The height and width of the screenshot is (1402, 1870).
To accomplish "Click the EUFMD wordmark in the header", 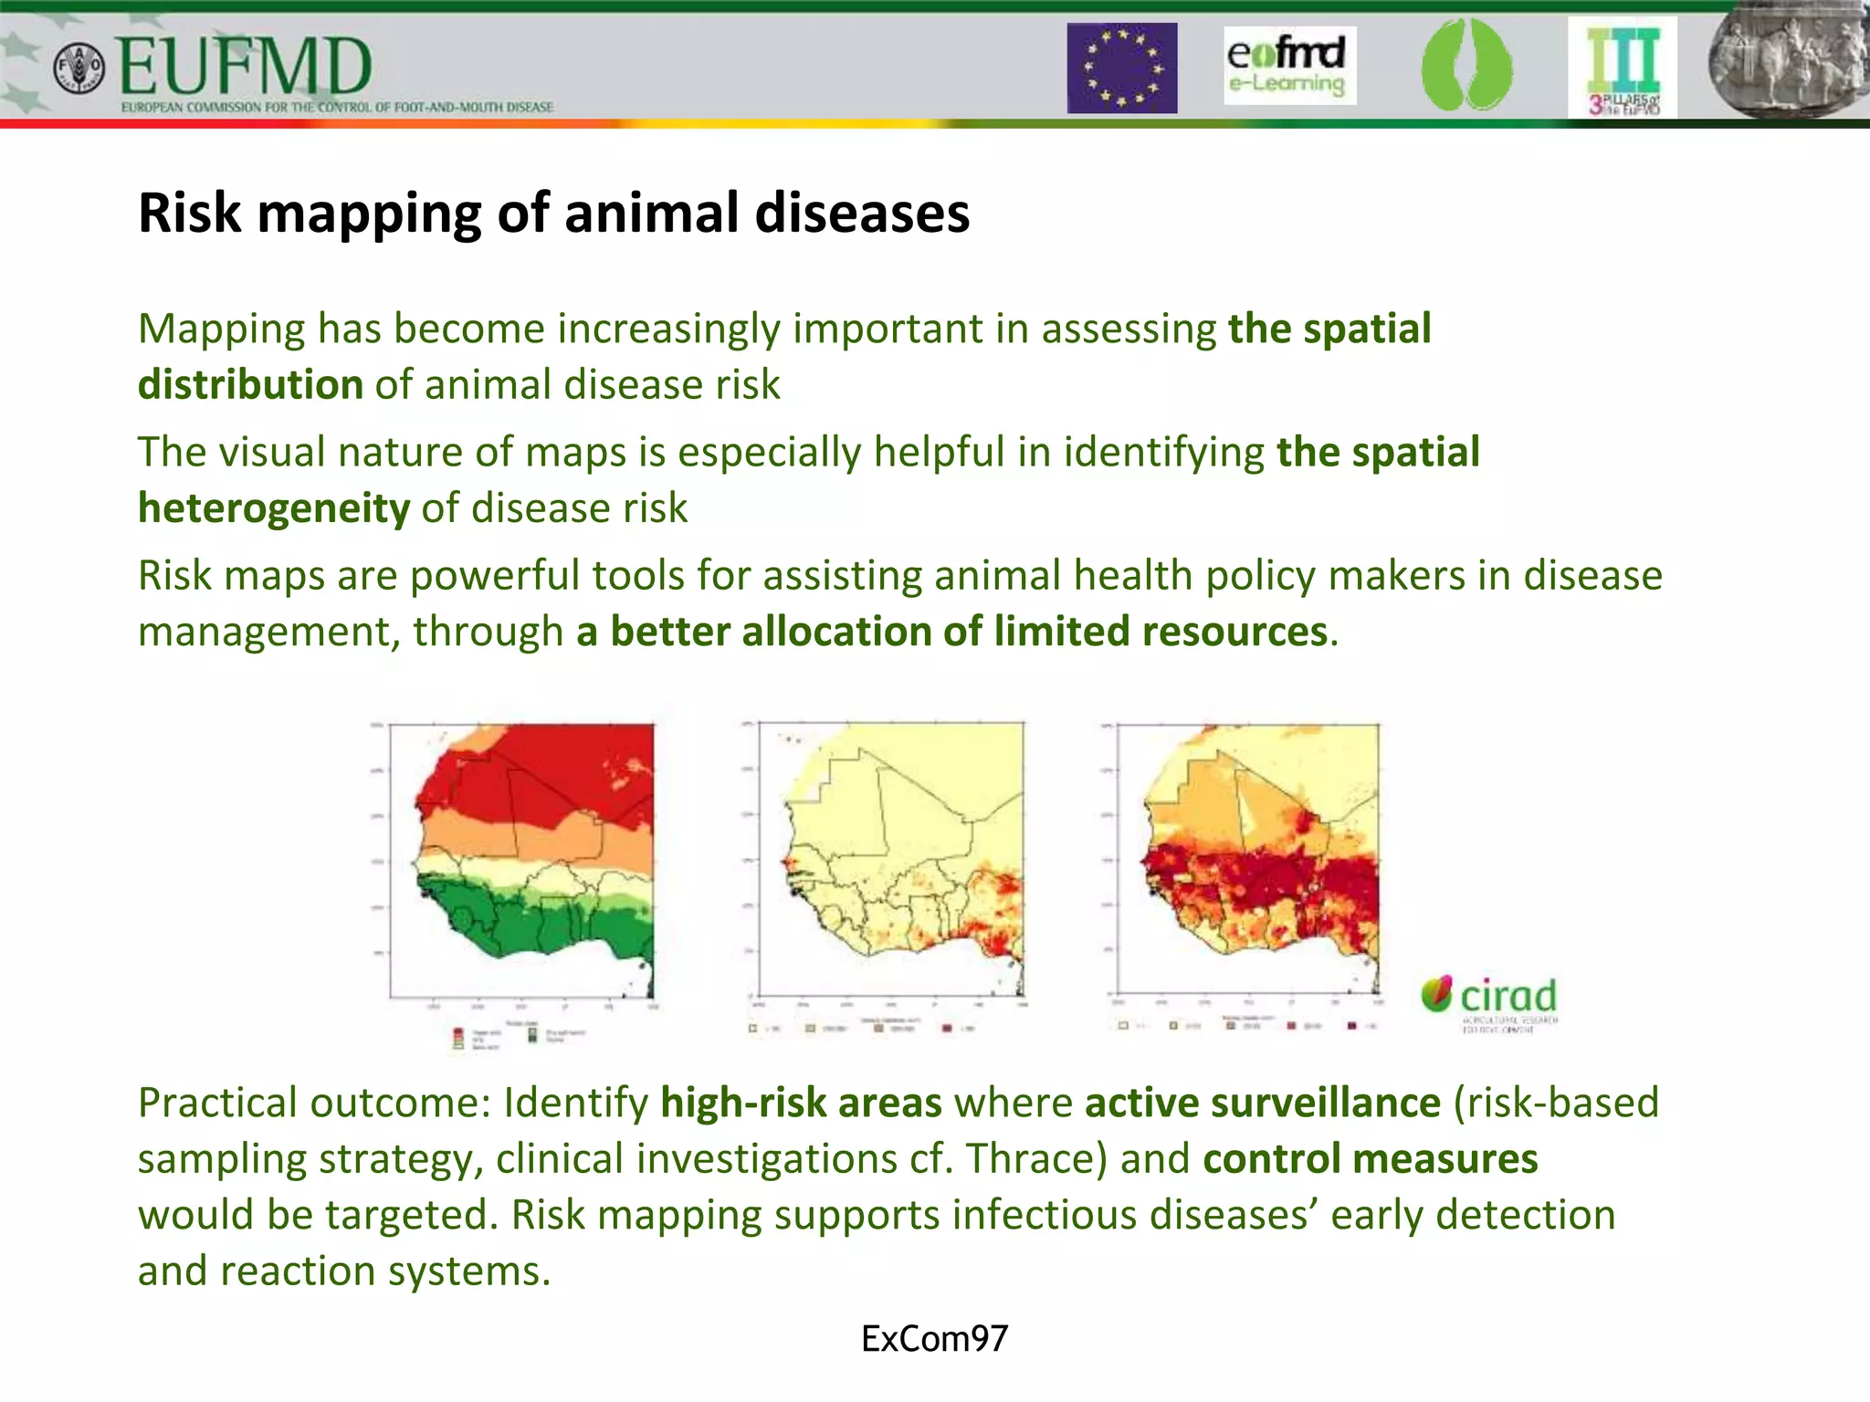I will click(x=245, y=68).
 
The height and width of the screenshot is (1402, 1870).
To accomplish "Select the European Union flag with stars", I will click(x=1122, y=68).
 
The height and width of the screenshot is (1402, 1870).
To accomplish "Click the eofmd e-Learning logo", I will click(x=1288, y=65).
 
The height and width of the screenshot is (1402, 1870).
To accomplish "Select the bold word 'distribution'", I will click(x=250, y=384).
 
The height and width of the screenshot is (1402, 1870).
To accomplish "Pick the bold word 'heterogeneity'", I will click(x=274, y=508).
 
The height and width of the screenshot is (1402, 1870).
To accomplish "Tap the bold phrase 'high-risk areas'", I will click(x=801, y=1103).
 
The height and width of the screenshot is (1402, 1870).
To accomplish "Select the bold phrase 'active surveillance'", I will click(x=1262, y=1103).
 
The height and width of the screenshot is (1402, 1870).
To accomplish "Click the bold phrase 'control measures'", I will click(x=1370, y=1159).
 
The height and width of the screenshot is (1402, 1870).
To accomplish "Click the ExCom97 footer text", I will click(x=934, y=1339).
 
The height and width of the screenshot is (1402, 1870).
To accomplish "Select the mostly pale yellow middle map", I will click(x=890, y=858).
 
